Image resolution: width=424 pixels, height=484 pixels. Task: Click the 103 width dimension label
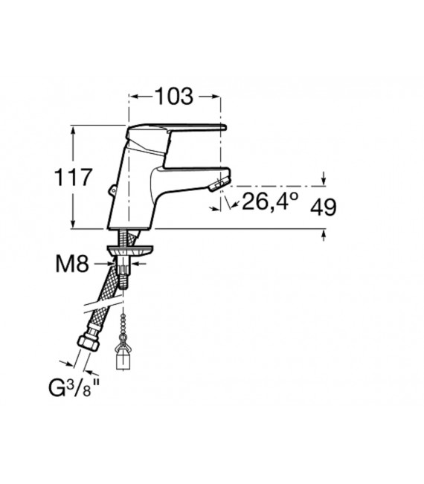click(x=174, y=97)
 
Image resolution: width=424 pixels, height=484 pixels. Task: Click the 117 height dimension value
click(x=73, y=177)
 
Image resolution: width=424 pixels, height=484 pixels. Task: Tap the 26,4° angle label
click(x=270, y=201)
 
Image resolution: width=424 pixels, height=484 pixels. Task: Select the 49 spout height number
click(x=323, y=207)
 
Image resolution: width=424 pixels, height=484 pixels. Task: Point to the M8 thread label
click(x=72, y=264)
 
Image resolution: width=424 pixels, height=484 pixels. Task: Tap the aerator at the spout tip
click(x=219, y=184)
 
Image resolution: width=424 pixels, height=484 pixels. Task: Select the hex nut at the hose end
click(x=88, y=341)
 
